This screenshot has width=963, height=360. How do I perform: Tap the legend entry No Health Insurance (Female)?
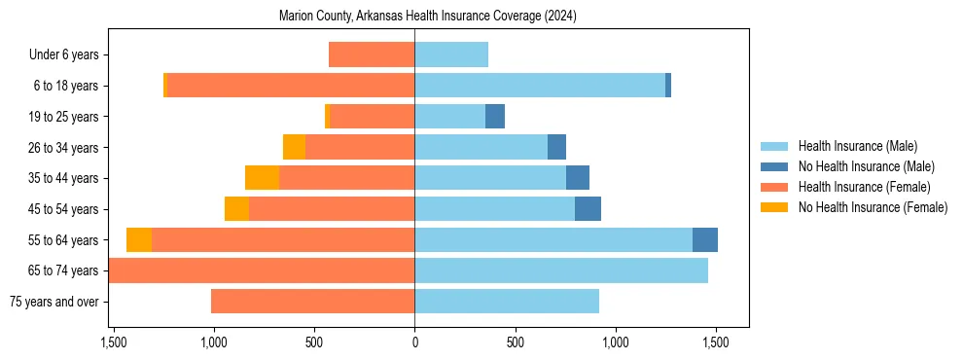point(873,207)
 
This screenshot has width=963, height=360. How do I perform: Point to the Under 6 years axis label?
point(63,55)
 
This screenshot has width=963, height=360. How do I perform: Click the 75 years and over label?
point(53,302)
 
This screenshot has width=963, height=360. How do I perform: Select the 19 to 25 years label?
point(62,117)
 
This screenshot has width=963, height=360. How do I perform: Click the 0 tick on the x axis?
point(415,342)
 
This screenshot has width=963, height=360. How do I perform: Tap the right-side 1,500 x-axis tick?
point(716,342)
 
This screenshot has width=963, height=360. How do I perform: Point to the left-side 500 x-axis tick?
point(314,342)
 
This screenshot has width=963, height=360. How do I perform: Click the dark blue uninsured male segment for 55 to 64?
point(705,240)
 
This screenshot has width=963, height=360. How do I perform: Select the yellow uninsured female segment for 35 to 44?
point(262,178)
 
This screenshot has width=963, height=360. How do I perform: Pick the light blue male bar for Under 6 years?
point(451,54)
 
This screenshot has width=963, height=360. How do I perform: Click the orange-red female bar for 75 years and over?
point(312,302)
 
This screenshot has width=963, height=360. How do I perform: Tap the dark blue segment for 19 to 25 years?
point(495,117)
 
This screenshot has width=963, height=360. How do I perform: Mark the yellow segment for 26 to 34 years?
point(294,147)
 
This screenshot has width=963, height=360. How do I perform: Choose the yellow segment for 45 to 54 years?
point(236,209)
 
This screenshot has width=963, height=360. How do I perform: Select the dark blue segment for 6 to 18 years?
point(668,86)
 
